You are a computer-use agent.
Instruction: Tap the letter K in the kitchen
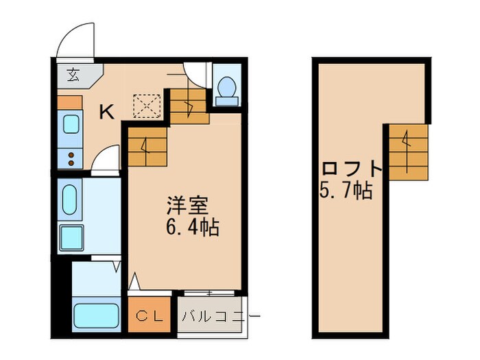tap(106, 112)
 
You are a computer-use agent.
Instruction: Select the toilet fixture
tap(227, 88)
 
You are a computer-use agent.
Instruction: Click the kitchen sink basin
tap(71, 123)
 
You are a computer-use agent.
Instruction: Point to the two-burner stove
tap(71, 158)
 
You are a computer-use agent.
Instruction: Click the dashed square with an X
tap(145, 106)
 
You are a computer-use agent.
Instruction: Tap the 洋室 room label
tap(184, 206)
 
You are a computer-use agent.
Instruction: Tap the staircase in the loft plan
tap(408, 152)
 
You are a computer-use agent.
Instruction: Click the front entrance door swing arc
tap(75, 41)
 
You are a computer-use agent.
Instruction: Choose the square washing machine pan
tap(71, 237)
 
